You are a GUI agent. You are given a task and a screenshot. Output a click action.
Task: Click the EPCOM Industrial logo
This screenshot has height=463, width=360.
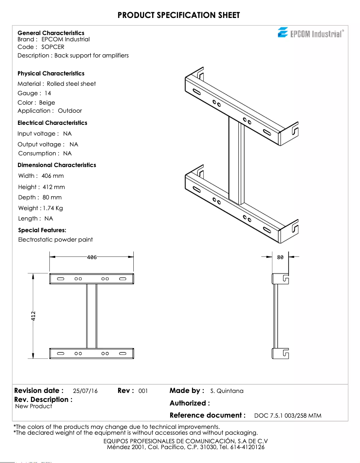311,33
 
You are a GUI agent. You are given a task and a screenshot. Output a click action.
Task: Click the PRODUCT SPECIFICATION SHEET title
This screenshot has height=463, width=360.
179,15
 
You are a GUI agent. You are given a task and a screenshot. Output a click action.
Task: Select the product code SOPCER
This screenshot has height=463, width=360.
53,47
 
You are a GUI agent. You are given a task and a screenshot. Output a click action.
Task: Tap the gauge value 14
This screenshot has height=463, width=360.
48,93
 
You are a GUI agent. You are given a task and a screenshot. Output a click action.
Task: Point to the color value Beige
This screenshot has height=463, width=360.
47,102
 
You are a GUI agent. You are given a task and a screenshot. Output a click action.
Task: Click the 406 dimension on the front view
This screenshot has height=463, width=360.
92,257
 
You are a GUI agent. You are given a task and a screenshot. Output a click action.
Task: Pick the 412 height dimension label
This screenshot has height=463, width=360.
33,316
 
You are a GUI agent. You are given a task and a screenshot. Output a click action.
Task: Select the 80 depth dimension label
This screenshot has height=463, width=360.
280,257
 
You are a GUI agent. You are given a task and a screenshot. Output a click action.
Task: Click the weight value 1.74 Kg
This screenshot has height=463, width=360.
53,208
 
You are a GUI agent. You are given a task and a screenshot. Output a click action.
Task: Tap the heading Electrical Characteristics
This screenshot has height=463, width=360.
53,123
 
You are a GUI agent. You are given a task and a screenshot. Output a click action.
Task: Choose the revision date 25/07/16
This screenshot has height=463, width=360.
85,391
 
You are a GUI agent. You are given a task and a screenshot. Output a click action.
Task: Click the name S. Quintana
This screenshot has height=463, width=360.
227,391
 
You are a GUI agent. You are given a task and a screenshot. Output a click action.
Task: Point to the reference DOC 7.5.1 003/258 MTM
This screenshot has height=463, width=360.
288,416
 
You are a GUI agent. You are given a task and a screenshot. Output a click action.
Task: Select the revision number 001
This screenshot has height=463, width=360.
143,391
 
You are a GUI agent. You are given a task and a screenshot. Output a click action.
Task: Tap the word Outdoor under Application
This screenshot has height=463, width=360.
70,110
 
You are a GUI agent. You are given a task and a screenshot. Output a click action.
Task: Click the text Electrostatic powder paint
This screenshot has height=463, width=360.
56,239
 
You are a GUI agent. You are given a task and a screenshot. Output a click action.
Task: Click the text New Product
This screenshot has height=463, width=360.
34,406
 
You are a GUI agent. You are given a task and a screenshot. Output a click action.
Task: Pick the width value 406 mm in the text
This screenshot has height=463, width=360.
53,176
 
